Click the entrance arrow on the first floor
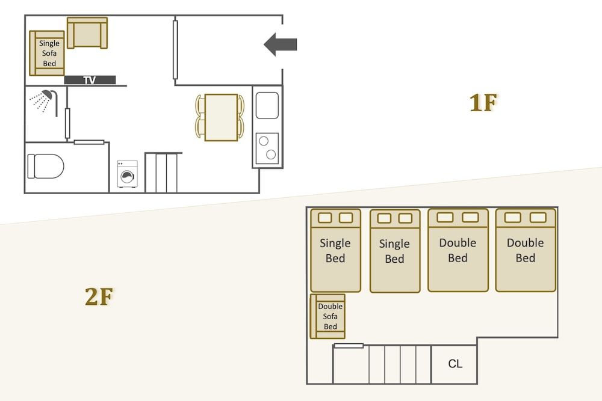(281, 44)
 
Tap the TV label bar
(90, 80)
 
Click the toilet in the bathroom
(45, 166)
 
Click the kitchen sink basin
(267, 106)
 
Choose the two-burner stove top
(267, 148)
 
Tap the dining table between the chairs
(221, 117)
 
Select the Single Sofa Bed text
(49, 54)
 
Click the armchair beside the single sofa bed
(87, 34)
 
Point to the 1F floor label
(483, 103)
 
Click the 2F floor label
(99, 297)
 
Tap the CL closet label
(455, 364)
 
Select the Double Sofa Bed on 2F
(329, 316)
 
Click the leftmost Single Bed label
(335, 251)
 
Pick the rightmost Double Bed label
(525, 250)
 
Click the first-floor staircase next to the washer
(163, 173)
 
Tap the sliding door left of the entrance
(175, 50)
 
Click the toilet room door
(89, 142)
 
